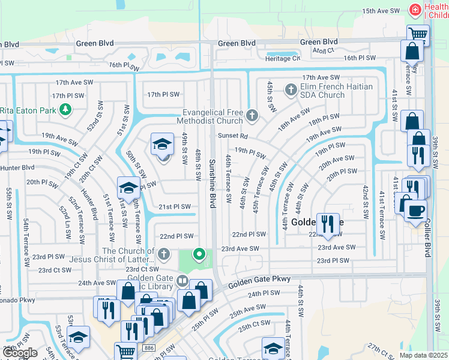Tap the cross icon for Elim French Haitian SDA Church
pos(291,91)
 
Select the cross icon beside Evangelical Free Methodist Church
pos(252,116)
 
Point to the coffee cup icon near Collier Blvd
pos(415,211)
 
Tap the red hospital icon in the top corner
pos(414,10)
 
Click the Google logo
pos(20,353)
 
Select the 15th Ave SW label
pos(381,11)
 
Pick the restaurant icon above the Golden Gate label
pos(327,224)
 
